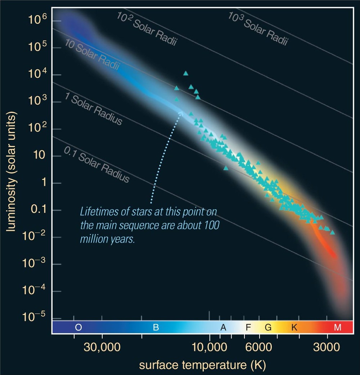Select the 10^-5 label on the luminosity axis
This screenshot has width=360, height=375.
click(36, 317)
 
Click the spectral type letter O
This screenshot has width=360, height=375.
click(78, 327)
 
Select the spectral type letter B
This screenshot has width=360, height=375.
click(156, 327)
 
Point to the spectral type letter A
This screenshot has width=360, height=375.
click(223, 327)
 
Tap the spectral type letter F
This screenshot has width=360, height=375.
click(248, 327)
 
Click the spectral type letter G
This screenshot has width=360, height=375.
click(268, 327)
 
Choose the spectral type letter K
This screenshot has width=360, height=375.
click(294, 327)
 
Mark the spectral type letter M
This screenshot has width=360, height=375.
click(337, 327)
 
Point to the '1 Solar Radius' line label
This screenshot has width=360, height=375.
click(93, 108)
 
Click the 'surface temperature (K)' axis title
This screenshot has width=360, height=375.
click(202, 365)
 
